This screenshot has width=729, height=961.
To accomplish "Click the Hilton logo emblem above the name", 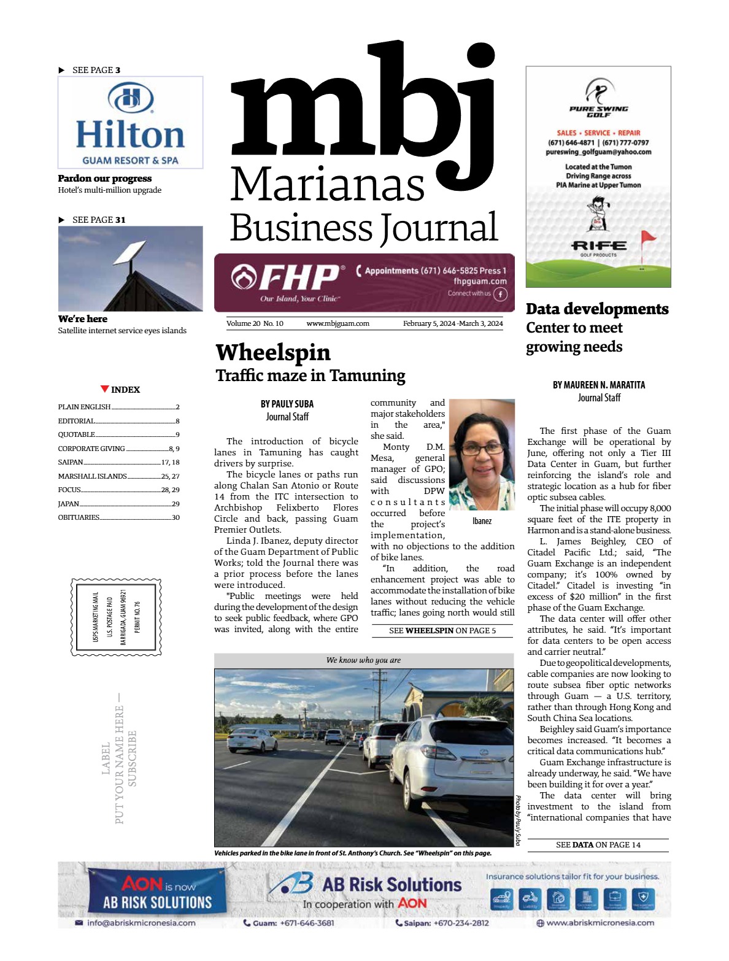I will [130, 98].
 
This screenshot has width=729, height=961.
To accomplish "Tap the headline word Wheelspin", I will [273, 353].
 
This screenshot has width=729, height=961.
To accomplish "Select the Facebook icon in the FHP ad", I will [501, 295].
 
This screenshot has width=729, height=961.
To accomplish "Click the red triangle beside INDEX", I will [105, 389].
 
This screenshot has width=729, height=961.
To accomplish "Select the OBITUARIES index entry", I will [79, 517].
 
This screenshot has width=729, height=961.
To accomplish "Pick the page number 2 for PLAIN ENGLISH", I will [177, 407].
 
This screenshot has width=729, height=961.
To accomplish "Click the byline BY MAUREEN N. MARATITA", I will [598, 385].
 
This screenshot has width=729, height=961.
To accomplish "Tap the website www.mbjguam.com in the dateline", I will [337, 323].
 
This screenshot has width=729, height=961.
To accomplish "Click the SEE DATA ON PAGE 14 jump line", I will [598, 845].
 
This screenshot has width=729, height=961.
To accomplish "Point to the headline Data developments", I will [597, 309].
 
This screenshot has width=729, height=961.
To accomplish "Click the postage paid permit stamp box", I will [117, 617].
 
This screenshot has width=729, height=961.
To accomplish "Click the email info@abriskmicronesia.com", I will [141, 923].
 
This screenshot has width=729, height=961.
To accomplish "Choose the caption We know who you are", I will [363, 660].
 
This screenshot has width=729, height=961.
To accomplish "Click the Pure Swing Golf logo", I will [598, 98].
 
